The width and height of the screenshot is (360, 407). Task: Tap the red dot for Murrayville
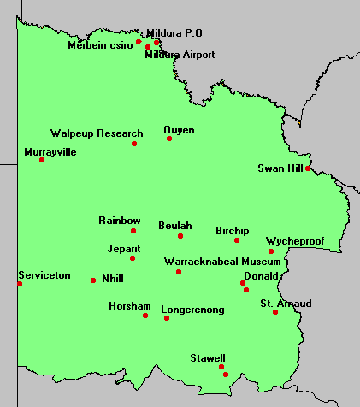(42, 160)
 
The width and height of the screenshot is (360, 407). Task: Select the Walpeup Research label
(97, 133)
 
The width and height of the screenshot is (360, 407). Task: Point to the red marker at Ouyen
(169, 139)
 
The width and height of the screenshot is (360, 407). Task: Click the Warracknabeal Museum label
(221, 261)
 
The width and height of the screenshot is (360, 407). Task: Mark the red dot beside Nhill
(93, 280)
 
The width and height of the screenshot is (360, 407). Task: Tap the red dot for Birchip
(237, 240)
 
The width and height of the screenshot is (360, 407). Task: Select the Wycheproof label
(295, 241)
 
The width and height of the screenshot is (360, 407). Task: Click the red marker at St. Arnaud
(275, 312)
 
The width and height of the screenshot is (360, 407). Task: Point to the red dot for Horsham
(145, 316)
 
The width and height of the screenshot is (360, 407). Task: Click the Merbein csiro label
(100, 45)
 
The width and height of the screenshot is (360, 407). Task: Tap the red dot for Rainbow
(133, 231)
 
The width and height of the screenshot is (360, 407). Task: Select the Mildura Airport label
(180, 55)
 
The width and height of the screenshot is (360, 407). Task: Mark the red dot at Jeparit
(133, 258)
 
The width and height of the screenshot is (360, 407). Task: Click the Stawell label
(208, 357)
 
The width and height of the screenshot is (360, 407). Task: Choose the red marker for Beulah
(180, 236)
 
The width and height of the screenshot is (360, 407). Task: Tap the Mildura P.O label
(174, 32)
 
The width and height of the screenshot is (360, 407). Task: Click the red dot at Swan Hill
(308, 168)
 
